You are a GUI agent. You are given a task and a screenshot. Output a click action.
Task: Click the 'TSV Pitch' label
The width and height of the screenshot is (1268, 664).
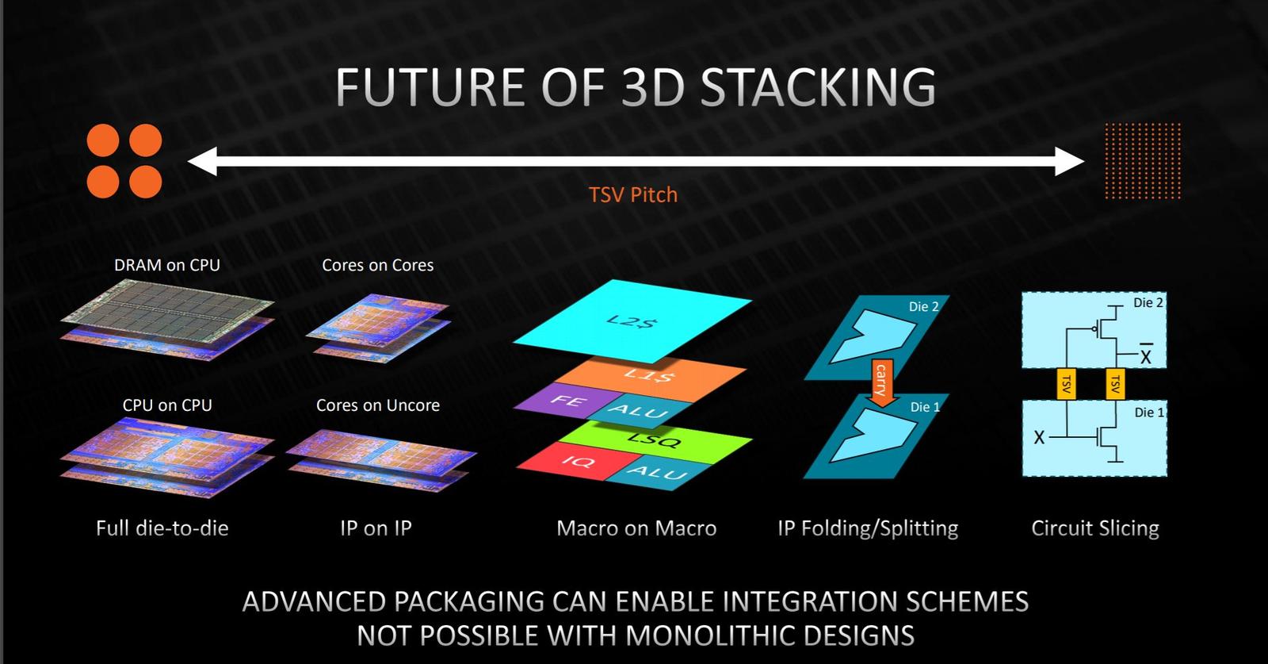(632, 194)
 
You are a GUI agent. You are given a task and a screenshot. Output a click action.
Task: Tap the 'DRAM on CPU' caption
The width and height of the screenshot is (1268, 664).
(166, 265)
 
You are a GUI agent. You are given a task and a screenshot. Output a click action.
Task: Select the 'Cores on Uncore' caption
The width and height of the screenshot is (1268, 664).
(377, 405)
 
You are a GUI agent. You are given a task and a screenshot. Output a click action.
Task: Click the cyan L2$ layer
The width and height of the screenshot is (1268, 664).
(632, 320)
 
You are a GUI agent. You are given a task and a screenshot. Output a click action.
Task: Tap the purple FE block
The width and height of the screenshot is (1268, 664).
(564, 401)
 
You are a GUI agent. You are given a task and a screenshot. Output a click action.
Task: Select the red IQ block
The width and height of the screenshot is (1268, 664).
(575, 461)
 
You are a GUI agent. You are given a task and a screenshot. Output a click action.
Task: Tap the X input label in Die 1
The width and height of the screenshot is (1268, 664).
(1039, 437)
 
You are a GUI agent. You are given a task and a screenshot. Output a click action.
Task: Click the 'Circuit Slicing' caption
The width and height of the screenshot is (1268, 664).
(1094, 528)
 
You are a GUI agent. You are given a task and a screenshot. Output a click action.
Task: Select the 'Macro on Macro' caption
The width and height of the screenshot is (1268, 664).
(636, 528)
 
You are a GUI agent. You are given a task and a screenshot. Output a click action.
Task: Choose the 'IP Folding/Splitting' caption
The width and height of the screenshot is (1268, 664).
(868, 528)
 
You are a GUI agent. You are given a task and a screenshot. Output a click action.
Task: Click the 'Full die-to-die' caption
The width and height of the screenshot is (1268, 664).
(162, 528)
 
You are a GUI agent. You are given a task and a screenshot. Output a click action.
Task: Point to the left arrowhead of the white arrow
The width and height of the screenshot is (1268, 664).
(201, 162)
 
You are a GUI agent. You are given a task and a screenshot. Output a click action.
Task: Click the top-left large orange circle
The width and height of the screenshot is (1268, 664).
(103, 141)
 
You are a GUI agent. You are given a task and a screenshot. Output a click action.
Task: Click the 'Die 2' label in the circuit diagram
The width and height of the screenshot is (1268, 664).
(1148, 302)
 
